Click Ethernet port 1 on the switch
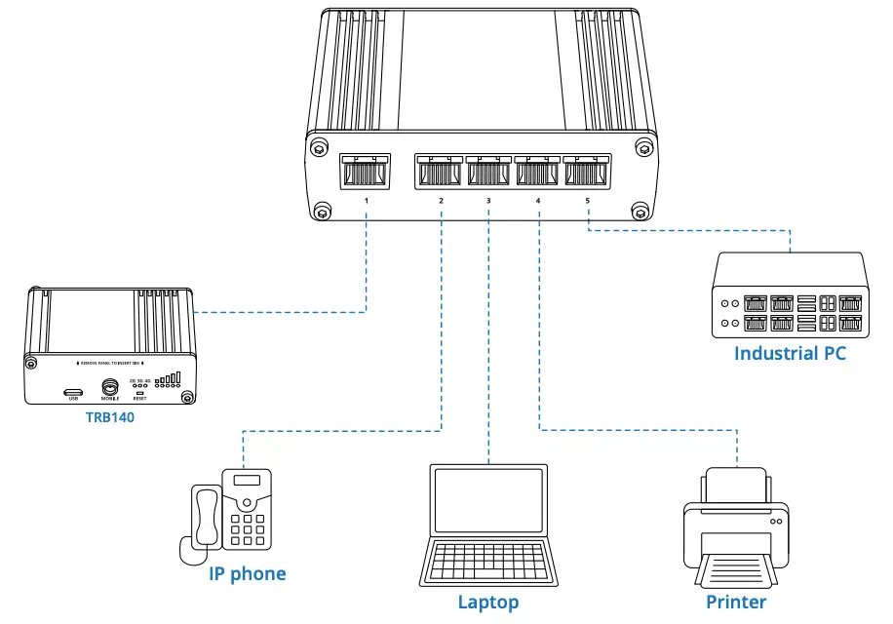coord(365,172)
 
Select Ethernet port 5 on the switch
coord(586,172)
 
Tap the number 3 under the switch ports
coord(488,201)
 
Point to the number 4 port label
coord(537,201)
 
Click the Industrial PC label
coord(790,353)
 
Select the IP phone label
coord(248,573)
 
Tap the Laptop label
coord(488,602)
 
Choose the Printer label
coord(736,602)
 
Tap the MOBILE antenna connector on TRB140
coord(110,388)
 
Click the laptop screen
coord(488,499)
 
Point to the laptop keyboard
coord(488,559)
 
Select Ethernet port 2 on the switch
coord(439,172)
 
